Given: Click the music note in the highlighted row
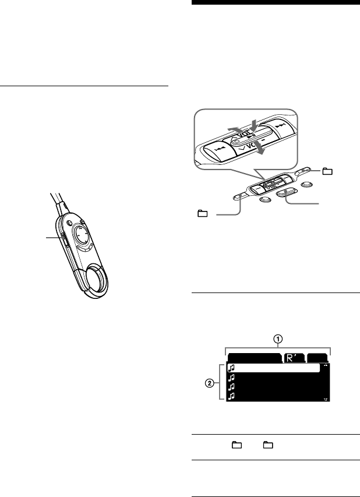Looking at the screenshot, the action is point(231,368).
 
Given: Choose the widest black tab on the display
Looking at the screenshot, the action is point(254,358).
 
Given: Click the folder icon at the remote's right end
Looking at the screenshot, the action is point(327,171).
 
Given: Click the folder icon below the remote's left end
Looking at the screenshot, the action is point(202,214).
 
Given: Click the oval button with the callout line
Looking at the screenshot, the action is point(286,193).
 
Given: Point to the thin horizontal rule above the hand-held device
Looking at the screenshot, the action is point(84,86).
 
